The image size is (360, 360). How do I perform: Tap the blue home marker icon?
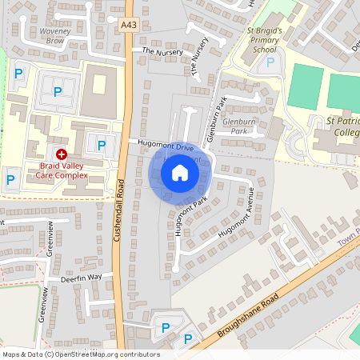[x=180, y=172]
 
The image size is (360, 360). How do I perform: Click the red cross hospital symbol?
[x=62, y=153]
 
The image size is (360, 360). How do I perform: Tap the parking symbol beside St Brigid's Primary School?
[x=270, y=62]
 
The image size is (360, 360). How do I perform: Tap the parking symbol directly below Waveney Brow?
[x=57, y=92]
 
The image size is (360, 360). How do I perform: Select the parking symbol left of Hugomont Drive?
[x=102, y=145]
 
